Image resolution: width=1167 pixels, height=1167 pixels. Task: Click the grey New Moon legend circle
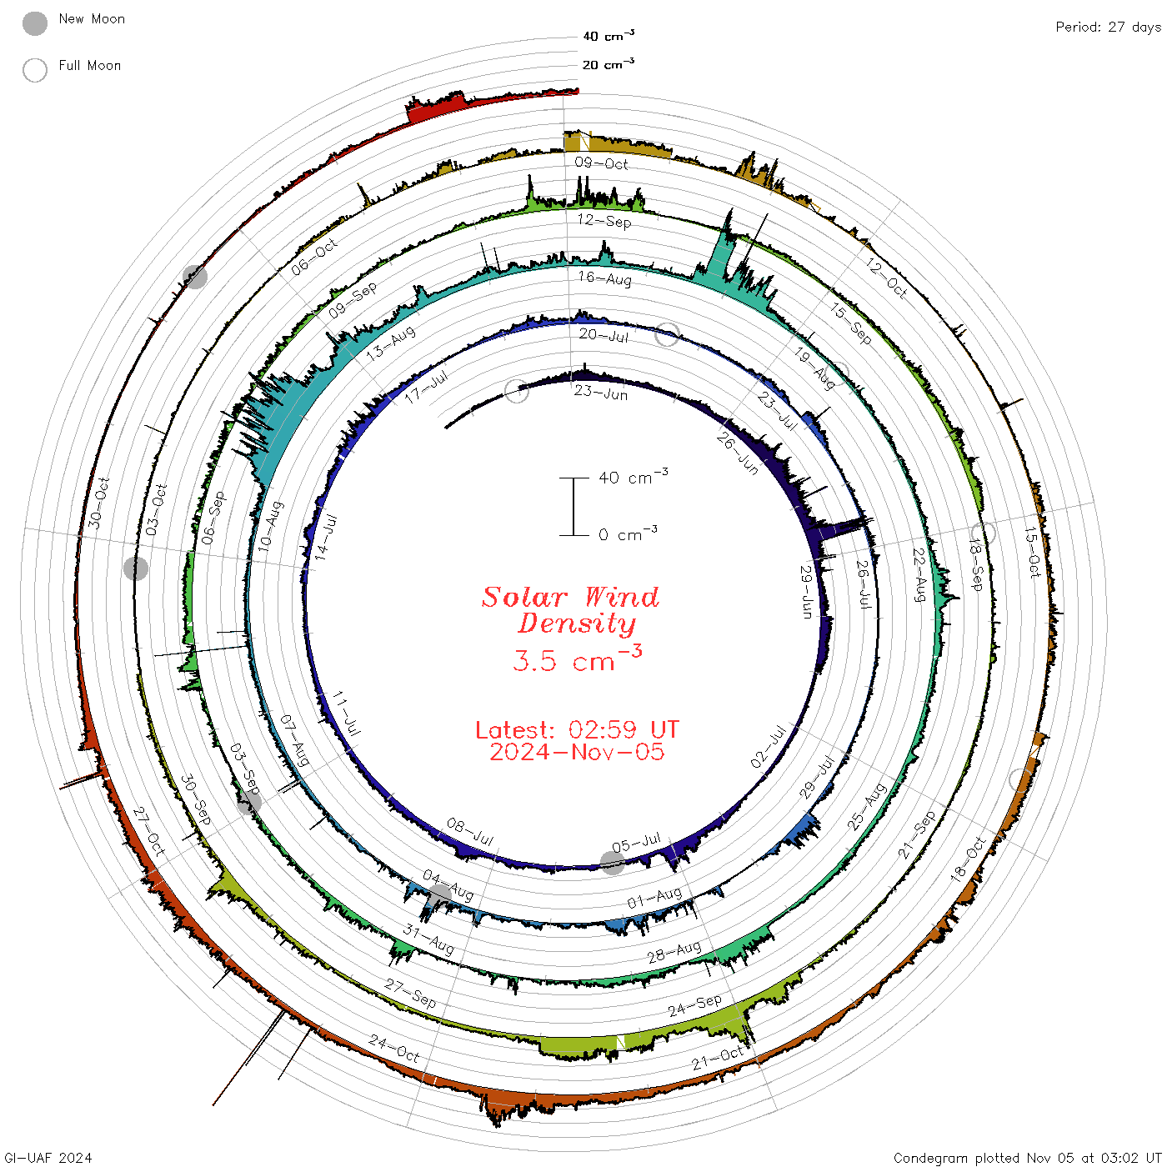tap(34, 23)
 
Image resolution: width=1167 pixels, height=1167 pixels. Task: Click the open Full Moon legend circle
tap(34, 70)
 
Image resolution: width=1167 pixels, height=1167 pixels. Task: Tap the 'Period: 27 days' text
tap(1108, 28)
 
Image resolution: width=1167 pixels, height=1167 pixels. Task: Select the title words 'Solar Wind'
tap(570, 597)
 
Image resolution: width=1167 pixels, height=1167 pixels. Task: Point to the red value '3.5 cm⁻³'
tap(577, 659)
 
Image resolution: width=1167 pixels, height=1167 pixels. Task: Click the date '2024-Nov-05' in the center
tap(577, 752)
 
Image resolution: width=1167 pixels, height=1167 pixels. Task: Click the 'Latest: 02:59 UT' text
tap(577, 729)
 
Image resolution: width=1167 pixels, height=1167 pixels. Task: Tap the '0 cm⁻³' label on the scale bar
tap(627, 533)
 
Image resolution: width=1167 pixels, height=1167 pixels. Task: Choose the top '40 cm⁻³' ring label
tap(608, 35)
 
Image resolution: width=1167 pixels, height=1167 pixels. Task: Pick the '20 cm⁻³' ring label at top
tap(608, 63)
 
